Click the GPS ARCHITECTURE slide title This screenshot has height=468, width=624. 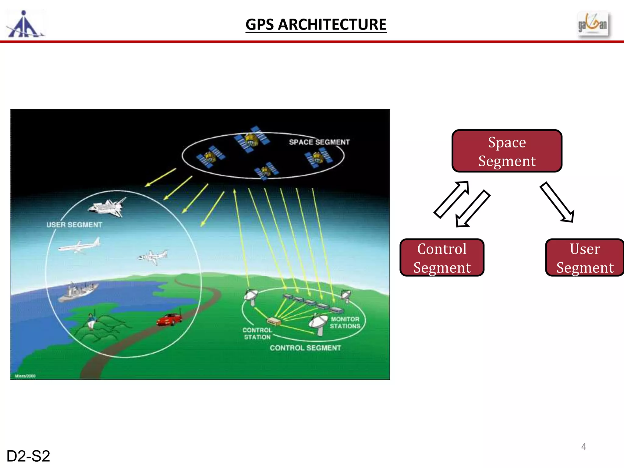coord(316,24)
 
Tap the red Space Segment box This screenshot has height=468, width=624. coord(507,151)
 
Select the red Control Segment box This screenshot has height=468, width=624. coord(442,258)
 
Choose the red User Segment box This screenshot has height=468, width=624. coord(585,258)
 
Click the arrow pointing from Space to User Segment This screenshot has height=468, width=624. coord(557,202)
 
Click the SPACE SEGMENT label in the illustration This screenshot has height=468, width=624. coord(319,142)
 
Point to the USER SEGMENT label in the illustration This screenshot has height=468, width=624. coord(74,225)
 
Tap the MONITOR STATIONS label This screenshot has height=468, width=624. coord(345,323)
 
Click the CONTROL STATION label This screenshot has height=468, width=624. coord(257,334)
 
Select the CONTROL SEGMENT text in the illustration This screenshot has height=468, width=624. coord(305,348)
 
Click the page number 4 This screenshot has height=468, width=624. coord(583,447)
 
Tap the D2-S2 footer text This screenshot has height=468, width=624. coord(28,456)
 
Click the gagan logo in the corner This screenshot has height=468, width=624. coord(593,24)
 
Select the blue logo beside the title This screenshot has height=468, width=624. coord(25,24)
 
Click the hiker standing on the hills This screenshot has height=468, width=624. coord(91,321)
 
